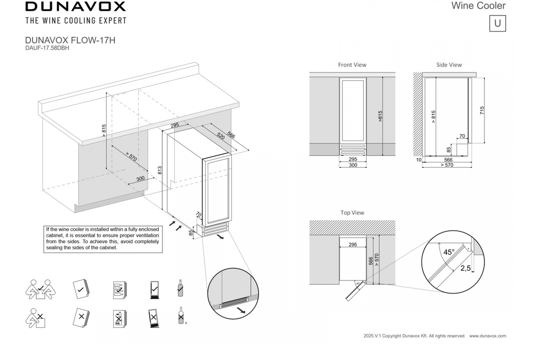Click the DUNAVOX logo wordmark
pos(75,7)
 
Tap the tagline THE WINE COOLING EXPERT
pos(76,21)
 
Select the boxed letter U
pos(497,24)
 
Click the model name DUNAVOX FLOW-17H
pos(70,40)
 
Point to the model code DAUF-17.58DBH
pos(47,48)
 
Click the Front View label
pos(352,65)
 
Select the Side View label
pos(449,65)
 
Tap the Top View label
pos(352,213)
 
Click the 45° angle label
pos(449,252)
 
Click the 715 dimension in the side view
pos(482,111)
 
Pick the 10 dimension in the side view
pos(419,160)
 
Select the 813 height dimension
pos(160,170)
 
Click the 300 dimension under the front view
pos(352,166)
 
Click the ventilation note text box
pos(101,238)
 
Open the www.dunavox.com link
pos(488,336)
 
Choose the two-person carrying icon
pos(38,288)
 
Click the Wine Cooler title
pos(478,6)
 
